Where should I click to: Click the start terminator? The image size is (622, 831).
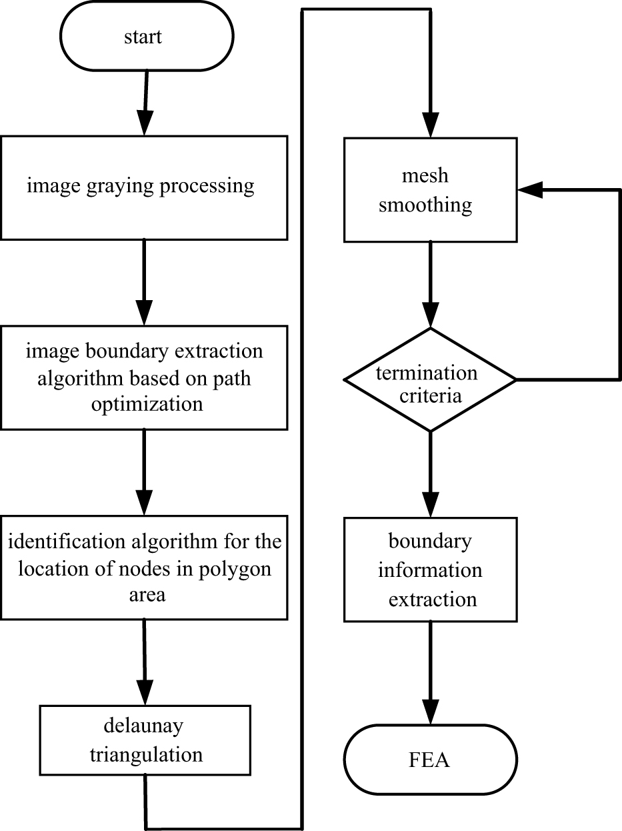pyautogui.click(x=143, y=37)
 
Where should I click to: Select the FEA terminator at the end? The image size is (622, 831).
pyautogui.click(x=430, y=760)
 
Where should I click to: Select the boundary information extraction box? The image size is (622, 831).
pyautogui.click(x=430, y=570)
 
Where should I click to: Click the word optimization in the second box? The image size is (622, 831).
pyautogui.click(x=144, y=403)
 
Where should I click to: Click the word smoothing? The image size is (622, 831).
pyautogui.click(x=425, y=205)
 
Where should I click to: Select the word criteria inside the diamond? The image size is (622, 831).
pyautogui.click(x=427, y=395)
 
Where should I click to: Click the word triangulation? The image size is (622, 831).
pyautogui.click(x=146, y=754)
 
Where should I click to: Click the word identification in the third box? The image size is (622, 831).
pyautogui.click(x=63, y=540)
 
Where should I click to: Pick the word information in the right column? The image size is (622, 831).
pyautogui.click(x=430, y=570)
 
